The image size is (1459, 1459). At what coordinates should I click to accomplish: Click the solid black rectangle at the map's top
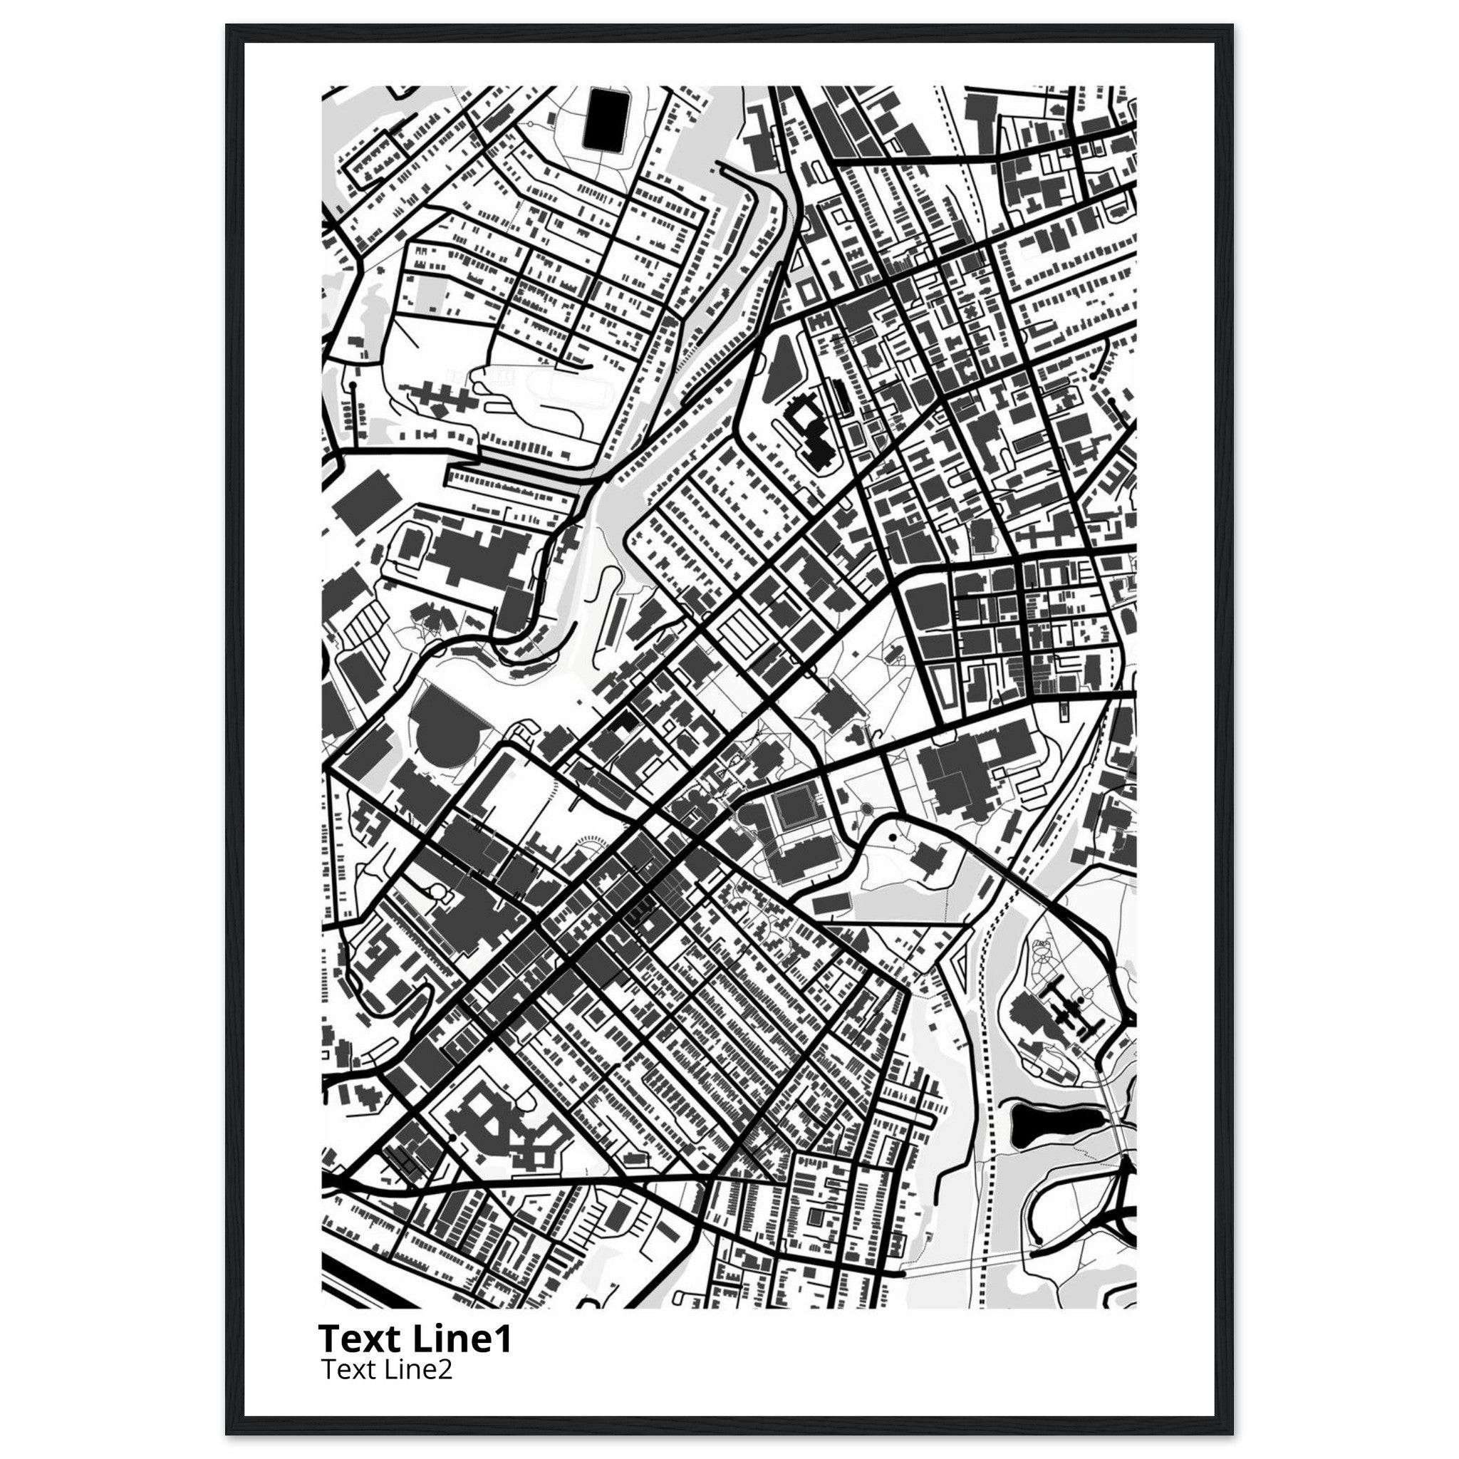click(x=603, y=120)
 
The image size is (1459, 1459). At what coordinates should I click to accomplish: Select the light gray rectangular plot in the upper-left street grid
click(x=427, y=291)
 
